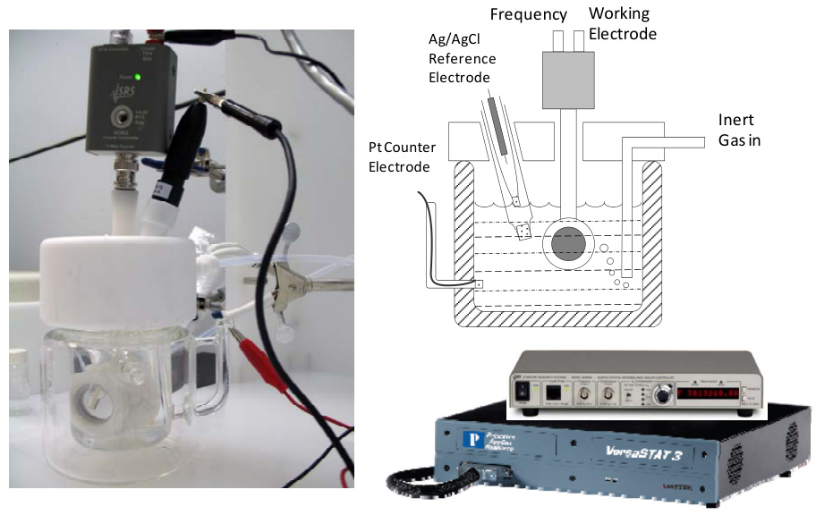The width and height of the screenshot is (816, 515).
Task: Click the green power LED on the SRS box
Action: click(127, 78)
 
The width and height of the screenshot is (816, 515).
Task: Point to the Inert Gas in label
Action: click(744, 131)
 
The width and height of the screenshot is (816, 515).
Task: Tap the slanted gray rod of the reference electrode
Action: click(497, 125)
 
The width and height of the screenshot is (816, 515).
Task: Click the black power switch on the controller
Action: click(523, 391)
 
